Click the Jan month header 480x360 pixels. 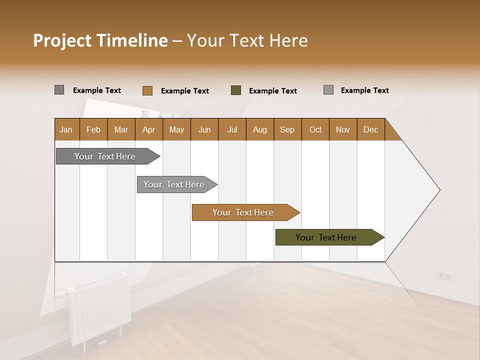click(x=66, y=129)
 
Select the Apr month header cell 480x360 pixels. click(x=148, y=129)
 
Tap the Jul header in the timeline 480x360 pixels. click(x=232, y=129)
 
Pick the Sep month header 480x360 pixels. click(x=287, y=129)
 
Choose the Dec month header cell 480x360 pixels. click(x=370, y=129)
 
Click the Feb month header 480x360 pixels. click(x=93, y=129)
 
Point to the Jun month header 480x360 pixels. click(x=204, y=129)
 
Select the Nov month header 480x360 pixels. click(x=342, y=129)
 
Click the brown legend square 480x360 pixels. click(x=147, y=90)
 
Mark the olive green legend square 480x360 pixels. click(x=236, y=90)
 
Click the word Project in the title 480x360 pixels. click(x=61, y=40)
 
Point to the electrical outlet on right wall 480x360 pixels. click(x=444, y=276)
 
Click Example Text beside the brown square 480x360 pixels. click(x=185, y=91)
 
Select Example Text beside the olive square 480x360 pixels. click(x=273, y=91)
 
